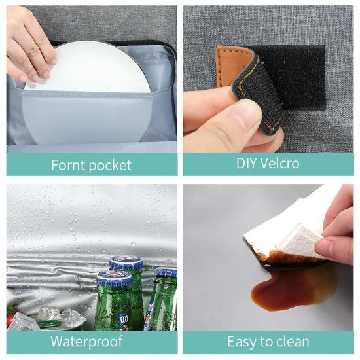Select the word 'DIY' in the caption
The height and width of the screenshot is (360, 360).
tap(246, 163)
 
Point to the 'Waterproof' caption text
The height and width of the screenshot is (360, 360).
tap(86, 342)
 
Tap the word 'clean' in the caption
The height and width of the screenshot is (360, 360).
tap(293, 342)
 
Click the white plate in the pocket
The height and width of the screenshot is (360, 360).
tap(88, 92)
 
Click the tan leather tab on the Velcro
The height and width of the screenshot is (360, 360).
tap(232, 67)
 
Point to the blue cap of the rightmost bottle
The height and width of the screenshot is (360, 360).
tap(166, 272)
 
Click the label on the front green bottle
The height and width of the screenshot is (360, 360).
tap(124, 319)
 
